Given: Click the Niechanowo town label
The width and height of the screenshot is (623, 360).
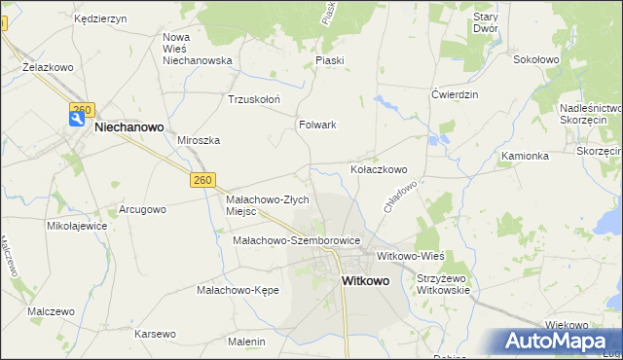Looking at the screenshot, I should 128,126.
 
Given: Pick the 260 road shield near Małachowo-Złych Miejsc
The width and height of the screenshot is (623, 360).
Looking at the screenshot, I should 202,180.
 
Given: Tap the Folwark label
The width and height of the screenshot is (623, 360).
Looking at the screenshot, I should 317,125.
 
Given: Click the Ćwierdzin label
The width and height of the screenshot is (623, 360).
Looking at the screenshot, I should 456,94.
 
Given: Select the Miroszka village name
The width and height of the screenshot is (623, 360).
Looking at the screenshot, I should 199,140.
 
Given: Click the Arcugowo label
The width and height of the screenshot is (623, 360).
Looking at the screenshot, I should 142,209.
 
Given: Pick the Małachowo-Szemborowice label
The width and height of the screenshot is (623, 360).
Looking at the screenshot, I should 297,240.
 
